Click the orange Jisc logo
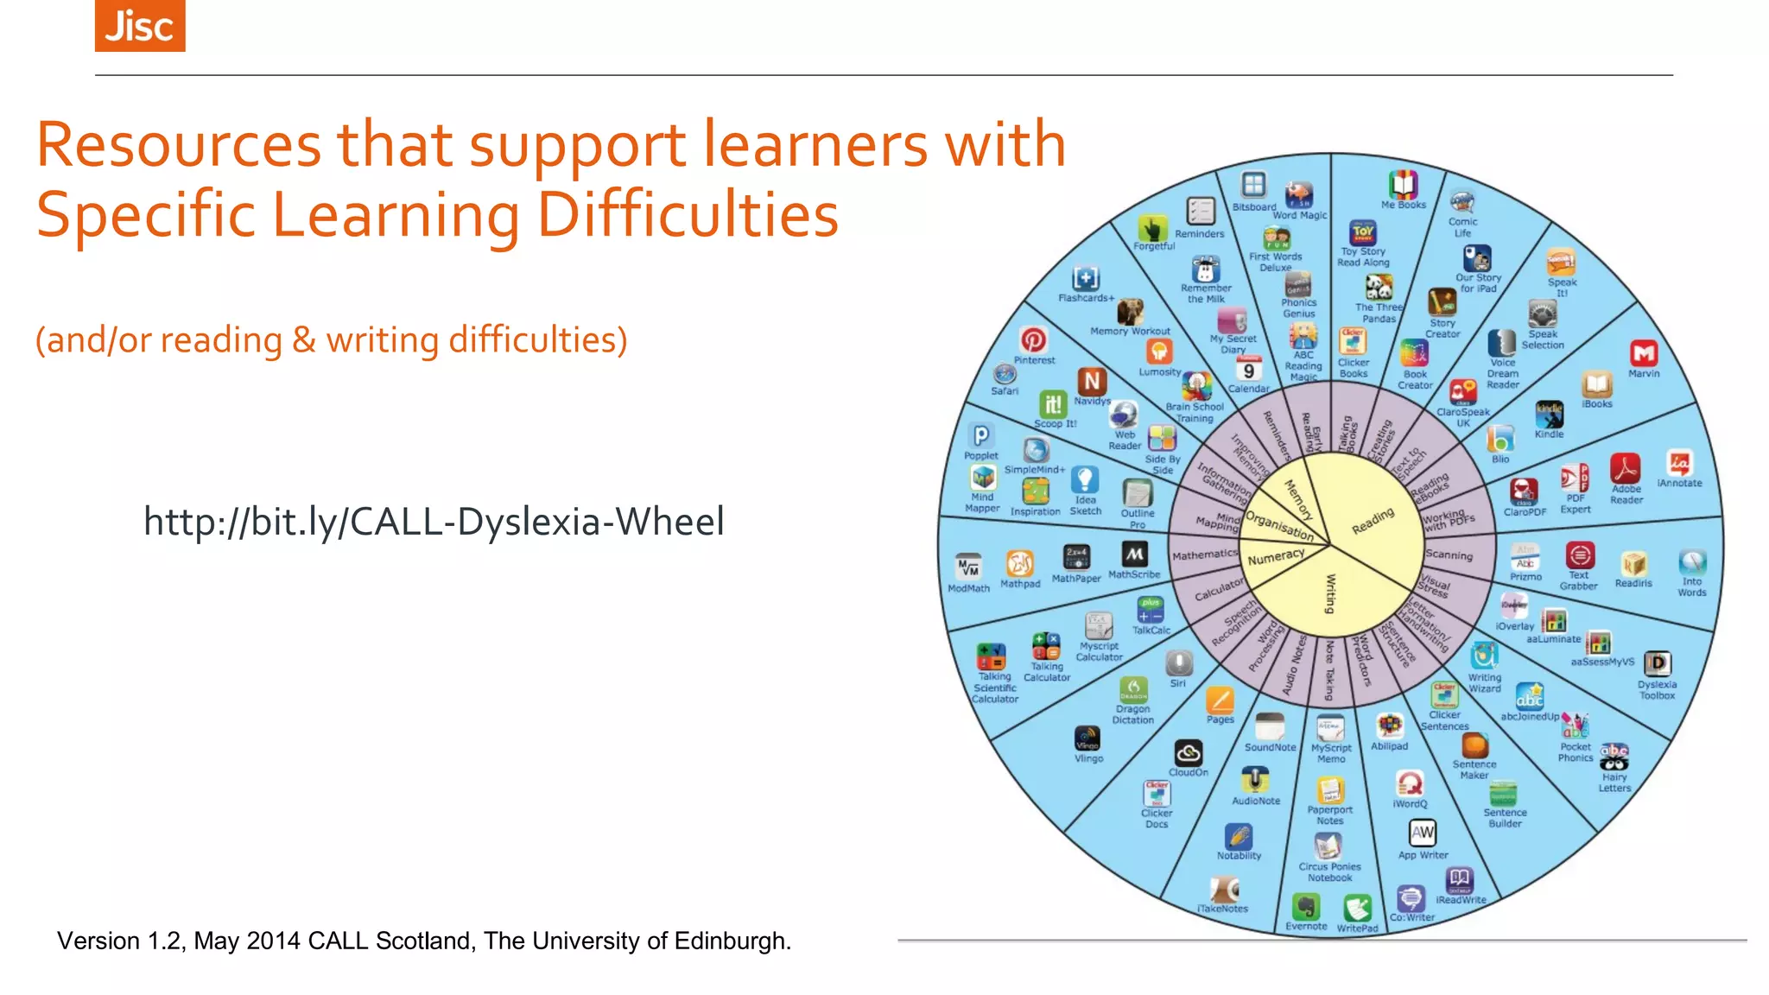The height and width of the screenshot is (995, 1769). (x=140, y=25)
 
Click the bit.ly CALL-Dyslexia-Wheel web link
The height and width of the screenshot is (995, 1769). (x=434, y=522)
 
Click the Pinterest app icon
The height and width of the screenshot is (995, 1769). (x=1033, y=340)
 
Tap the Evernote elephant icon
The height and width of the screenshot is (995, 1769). (x=1305, y=907)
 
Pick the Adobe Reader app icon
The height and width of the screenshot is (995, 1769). (x=1625, y=469)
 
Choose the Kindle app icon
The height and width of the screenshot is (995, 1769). (x=1549, y=415)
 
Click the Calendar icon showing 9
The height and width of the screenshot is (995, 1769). (x=1248, y=370)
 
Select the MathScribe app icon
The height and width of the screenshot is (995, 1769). (x=1134, y=554)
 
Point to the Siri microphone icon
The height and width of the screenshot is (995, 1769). (x=1179, y=663)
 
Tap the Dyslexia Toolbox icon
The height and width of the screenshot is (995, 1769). (x=1657, y=663)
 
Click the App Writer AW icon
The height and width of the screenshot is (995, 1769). (x=1422, y=833)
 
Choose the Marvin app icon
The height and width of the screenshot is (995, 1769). (x=1643, y=353)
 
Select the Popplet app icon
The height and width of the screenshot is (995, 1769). (x=981, y=435)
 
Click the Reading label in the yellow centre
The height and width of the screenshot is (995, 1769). (x=1372, y=521)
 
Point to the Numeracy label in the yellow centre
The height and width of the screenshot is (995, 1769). (x=1276, y=557)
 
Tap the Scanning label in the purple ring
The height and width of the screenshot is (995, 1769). (x=1449, y=555)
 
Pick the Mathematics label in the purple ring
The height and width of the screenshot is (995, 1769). (x=1204, y=555)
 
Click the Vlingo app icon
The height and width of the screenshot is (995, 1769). (x=1087, y=738)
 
